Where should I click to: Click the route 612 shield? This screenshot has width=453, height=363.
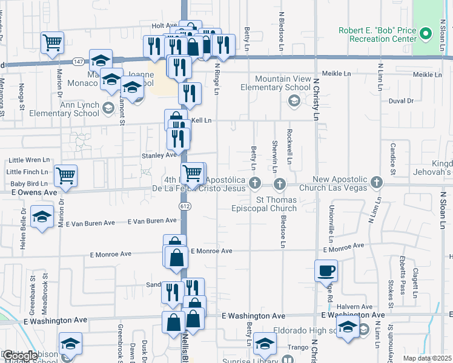184,206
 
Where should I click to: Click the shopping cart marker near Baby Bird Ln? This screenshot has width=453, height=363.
65,175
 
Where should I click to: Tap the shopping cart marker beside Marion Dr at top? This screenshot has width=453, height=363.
53,42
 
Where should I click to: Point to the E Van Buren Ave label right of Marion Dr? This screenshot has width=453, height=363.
91,223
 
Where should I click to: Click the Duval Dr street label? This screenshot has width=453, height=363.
401,101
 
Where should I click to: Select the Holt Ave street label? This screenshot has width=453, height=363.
164,26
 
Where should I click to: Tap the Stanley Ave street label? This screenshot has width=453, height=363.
159,155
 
